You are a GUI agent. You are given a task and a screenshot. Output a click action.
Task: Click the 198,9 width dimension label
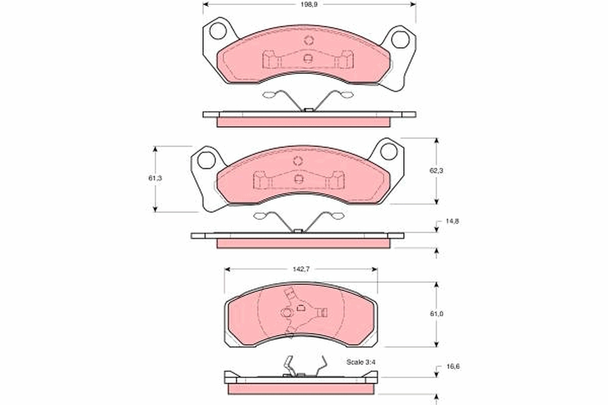(309, 5)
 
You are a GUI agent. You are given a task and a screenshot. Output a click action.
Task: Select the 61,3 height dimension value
(155, 178)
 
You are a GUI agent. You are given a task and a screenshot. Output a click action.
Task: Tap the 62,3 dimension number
(436, 171)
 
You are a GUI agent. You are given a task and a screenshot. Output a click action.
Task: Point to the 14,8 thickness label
(452, 221)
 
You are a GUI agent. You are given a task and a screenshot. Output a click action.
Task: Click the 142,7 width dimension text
(301, 269)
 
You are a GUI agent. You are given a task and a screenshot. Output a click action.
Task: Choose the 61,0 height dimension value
(436, 314)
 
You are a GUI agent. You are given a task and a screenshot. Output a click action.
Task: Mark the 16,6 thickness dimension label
(453, 367)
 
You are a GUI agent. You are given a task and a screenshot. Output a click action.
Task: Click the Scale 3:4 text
(361, 362)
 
